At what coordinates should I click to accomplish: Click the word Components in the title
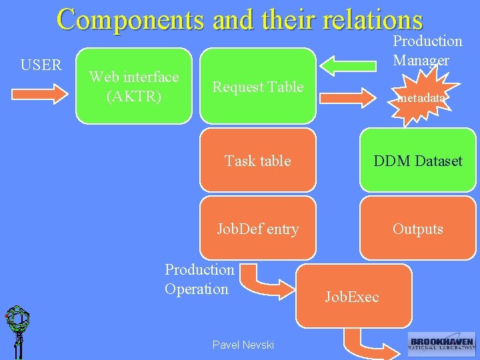pos(129,19)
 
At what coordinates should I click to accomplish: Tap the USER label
pos(41,65)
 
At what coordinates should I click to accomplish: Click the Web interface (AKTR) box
pos(133,86)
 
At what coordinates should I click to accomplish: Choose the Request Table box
pos(257,86)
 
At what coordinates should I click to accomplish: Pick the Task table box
pos(257,161)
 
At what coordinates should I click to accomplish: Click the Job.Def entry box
pos(257,229)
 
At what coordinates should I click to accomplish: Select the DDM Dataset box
pos(417,161)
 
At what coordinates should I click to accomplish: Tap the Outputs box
pos(417,229)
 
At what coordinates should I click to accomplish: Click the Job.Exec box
pos(353,296)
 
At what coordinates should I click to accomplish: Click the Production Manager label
pos(427,50)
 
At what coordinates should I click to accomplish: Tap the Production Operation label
pos(199,279)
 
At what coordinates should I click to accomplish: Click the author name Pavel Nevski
pos(243,345)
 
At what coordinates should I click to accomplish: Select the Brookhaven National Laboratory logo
pos(441,344)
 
